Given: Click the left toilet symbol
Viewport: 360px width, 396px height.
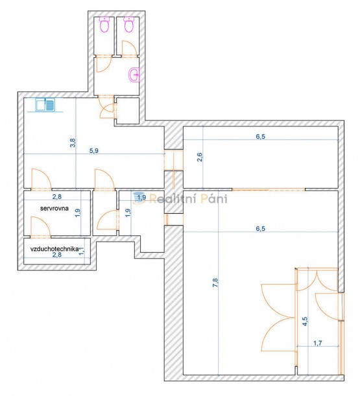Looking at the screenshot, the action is [x=104, y=24].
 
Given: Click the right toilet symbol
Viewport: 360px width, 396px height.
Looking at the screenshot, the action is [x=129, y=24].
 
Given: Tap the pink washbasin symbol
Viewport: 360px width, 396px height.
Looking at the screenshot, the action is [x=134, y=75].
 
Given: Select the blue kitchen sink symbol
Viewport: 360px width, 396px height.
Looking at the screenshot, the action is [x=45, y=105].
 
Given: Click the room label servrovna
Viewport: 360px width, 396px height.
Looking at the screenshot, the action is [x=54, y=208].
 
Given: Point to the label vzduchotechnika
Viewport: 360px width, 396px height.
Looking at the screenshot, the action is [x=54, y=249].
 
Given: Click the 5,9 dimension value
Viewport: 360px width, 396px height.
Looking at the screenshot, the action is [x=94, y=150].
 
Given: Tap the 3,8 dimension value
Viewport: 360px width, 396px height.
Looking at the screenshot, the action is [x=73, y=143].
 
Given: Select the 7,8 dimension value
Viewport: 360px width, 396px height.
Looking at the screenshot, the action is [x=215, y=283].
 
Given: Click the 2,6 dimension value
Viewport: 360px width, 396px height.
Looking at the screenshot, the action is [x=200, y=157].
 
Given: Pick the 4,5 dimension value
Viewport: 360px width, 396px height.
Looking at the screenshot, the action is [x=305, y=321].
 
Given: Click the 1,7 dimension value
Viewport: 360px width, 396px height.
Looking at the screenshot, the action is [x=318, y=343].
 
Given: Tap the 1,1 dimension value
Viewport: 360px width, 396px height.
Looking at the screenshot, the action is [x=81, y=251].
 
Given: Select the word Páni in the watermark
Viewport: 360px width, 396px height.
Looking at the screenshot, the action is [x=214, y=198].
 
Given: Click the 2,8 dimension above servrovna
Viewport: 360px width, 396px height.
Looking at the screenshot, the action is [x=57, y=196].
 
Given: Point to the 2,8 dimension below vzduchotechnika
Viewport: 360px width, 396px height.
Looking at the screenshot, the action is [x=57, y=255].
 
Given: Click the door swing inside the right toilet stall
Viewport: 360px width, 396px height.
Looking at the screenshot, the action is [x=130, y=48].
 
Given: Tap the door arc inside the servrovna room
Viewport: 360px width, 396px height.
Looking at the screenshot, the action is [x=40, y=227].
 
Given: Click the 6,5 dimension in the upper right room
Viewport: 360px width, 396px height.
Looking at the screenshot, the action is [x=260, y=136].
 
